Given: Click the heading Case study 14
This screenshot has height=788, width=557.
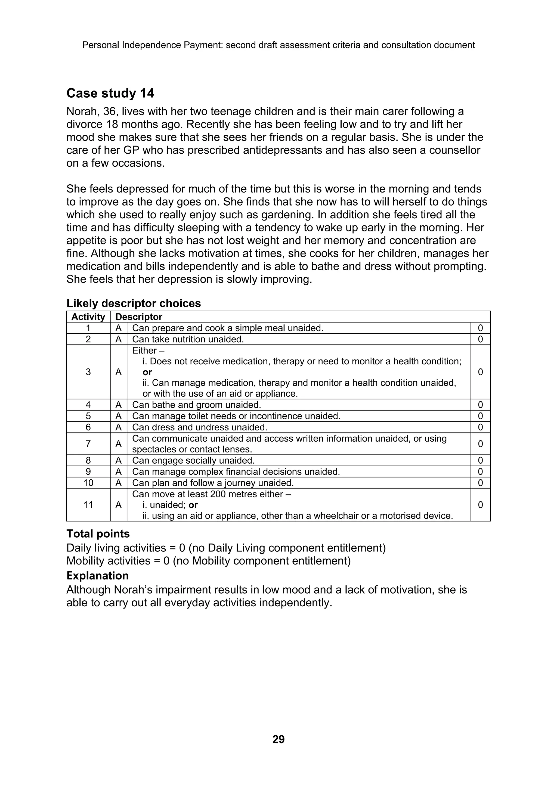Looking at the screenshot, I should coord(110,93).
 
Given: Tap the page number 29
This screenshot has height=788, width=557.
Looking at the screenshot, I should coord(278,739).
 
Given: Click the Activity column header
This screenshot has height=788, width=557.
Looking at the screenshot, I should coord(88,317).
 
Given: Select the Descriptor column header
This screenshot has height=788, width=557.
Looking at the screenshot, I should coord(139,317).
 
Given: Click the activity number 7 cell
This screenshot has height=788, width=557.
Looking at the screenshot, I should coord(88,444).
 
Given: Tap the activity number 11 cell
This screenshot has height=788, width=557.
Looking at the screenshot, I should coord(88,505).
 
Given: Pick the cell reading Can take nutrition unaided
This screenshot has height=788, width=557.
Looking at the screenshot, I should coord(188,339).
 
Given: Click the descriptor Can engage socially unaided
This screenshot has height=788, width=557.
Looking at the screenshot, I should coord(193,461).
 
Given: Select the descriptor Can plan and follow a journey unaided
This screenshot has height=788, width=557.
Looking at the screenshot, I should coord(213,483).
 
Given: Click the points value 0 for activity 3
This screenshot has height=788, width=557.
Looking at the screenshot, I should coord(480,372).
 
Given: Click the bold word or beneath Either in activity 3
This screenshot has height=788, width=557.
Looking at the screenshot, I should coord(147,372).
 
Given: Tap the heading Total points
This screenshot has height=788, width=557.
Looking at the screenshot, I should coord(98,534).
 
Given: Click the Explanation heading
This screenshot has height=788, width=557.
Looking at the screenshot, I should coord(97,576).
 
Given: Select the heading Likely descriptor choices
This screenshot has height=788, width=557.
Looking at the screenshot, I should coord(134,303).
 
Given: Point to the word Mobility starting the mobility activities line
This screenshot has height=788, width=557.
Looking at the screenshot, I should coord(84,561).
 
